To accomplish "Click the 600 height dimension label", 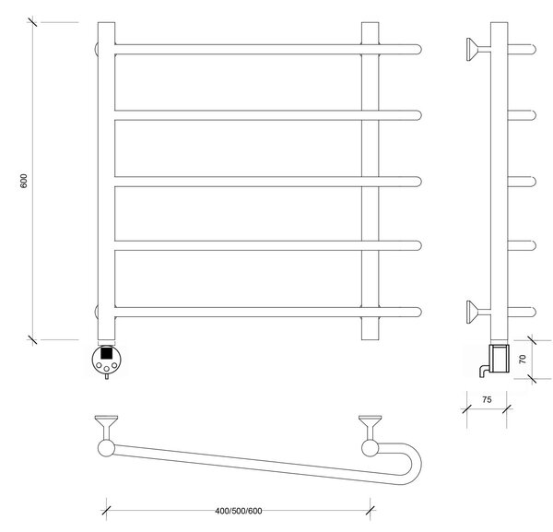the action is click(24, 181).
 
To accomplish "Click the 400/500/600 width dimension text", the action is click(239, 511).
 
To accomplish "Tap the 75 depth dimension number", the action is click(487, 400).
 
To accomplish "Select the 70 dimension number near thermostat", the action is click(523, 360).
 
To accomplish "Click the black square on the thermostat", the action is click(107, 353).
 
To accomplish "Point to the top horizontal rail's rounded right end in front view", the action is click(418, 50).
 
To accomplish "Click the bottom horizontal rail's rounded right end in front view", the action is click(418, 313).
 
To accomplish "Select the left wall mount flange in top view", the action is click(106, 427).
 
